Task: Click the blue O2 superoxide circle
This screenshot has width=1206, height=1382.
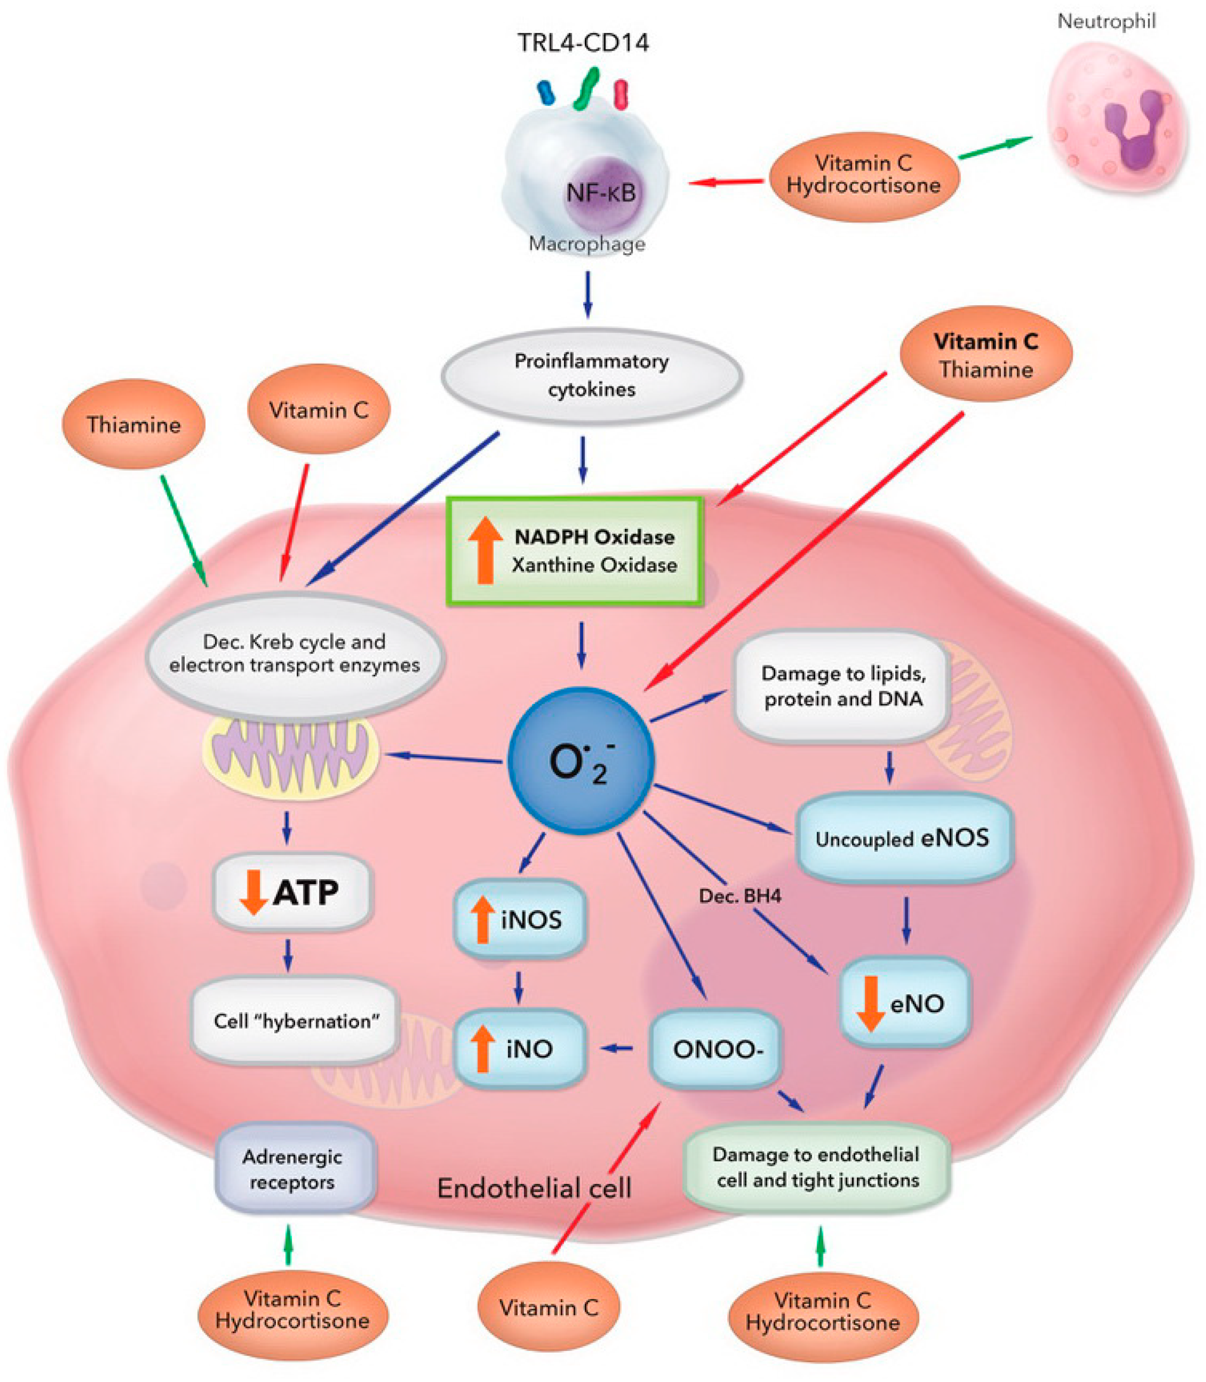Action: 580,760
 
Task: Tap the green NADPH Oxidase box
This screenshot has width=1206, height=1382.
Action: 575,550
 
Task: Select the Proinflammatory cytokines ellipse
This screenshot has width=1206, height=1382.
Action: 592,376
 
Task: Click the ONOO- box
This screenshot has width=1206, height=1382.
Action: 716,1049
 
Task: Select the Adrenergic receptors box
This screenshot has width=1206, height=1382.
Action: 293,1169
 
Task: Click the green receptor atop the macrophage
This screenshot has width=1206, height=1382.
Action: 587,88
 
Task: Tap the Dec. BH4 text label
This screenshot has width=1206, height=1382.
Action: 740,896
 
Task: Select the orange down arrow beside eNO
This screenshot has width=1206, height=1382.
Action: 871,1004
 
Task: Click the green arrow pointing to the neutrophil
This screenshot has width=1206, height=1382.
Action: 995,148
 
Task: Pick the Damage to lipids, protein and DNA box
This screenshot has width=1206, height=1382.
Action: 842,686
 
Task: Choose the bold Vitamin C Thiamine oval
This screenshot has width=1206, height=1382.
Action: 986,354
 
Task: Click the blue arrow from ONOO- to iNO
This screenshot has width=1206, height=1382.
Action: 617,1048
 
